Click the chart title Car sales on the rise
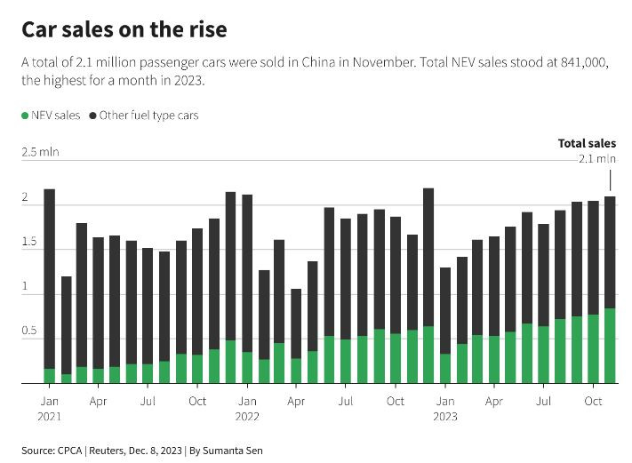click(x=124, y=30)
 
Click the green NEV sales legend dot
click(x=24, y=116)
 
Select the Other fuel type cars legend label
click(x=148, y=116)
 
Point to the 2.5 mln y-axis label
click(x=41, y=152)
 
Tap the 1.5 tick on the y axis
click(x=30, y=243)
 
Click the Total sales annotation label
click(x=587, y=143)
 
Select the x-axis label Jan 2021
click(x=49, y=408)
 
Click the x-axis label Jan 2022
click(x=247, y=408)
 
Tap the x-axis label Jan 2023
click(x=445, y=408)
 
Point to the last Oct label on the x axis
click(x=594, y=401)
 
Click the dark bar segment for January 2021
click(x=49, y=278)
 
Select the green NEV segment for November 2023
click(x=611, y=346)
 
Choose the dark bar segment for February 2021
click(x=66, y=325)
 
